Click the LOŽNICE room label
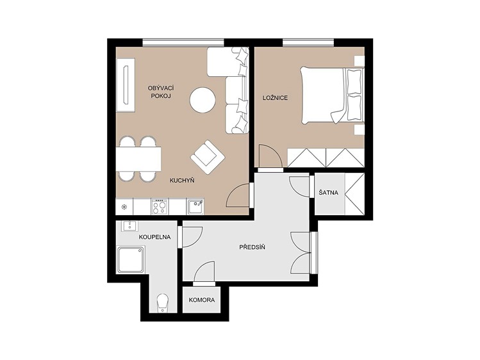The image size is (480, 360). pos(275,98)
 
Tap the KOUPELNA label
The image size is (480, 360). pos(154,237)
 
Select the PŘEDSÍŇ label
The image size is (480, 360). pos(252,247)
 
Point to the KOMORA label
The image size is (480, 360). pos(202,300)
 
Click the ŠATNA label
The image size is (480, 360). pos(329,193)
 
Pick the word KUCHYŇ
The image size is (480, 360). pos(182,181)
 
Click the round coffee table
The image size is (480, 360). pos(203,100)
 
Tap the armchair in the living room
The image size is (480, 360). pos(208,157)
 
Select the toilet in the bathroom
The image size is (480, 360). pos(163,303)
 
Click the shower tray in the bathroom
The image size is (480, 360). pos(131,259)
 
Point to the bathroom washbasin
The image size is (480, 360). pos(130,226)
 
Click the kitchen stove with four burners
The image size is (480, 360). pos(160,206)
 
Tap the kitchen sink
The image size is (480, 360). pos(195,206)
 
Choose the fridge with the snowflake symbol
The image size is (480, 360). pos(124,206)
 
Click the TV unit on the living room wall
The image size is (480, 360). pos(126,85)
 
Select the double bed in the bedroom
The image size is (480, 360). pos(332,95)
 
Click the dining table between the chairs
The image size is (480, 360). pos(138,159)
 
